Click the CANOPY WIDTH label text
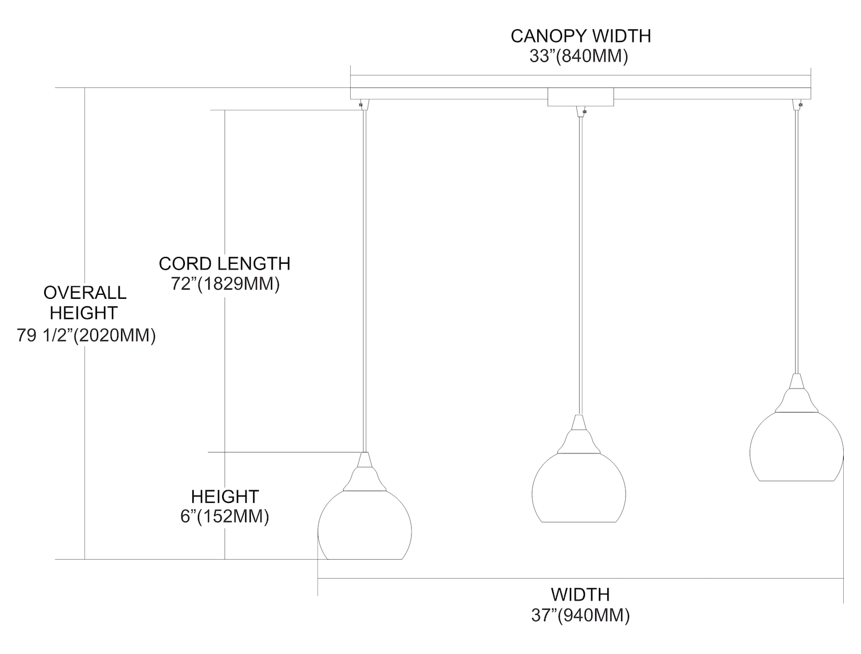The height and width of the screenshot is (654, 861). [580, 36]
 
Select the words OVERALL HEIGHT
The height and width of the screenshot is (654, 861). [84, 302]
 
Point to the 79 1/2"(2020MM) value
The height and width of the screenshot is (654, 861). [86, 336]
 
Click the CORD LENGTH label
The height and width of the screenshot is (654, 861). [224, 263]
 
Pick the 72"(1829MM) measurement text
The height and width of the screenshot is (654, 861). [225, 284]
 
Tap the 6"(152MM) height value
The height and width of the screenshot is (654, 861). [224, 517]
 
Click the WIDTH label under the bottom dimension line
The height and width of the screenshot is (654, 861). [580, 594]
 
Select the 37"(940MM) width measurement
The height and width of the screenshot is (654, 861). [580, 615]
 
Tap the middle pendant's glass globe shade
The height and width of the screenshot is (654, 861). [579, 488]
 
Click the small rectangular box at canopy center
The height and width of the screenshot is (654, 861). [580, 97]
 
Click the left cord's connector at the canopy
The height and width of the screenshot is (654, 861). [363, 104]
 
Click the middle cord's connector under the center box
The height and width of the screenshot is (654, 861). [580, 112]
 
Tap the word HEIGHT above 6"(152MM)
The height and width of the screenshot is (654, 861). [224, 496]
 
